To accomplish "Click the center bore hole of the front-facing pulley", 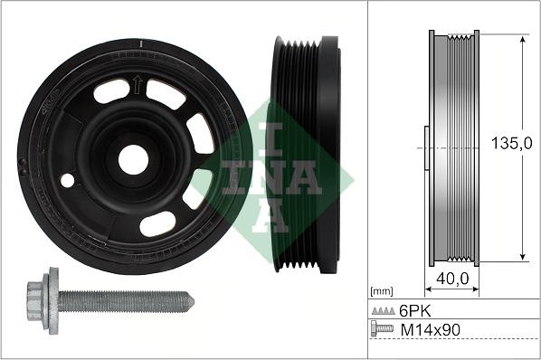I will pyautogui.click(x=133, y=160).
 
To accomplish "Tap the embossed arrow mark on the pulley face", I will pyautogui.click(x=137, y=86).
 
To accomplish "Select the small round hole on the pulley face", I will pyautogui.click(x=67, y=180).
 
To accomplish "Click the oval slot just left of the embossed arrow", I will pyautogui.click(x=110, y=90).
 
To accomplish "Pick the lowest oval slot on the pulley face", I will pyautogui.click(x=157, y=223).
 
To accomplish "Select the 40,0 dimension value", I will pyautogui.click(x=452, y=280).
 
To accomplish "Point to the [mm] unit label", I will pyautogui.click(x=382, y=291).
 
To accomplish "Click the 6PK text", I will pyautogui.click(x=413, y=310).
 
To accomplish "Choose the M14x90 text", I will pyautogui.click(x=430, y=329).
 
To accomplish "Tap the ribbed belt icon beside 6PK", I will pyautogui.click(x=383, y=310).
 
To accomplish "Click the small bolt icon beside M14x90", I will pyautogui.click(x=383, y=329).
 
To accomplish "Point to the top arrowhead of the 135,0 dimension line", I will pyautogui.click(x=523, y=38).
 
